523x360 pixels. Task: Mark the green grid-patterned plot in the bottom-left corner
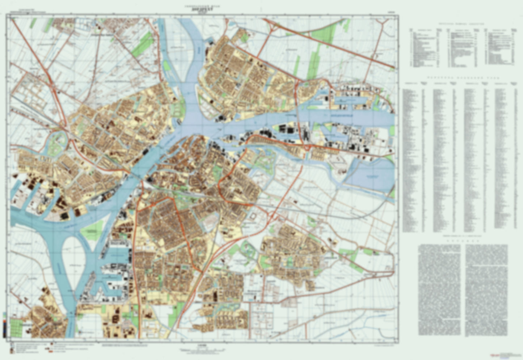pyautogui.click(x=16, y=327)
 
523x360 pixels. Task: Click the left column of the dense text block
pyautogui.click(x=439, y=289)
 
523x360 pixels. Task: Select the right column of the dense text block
pyautogui.click(x=486, y=289)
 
